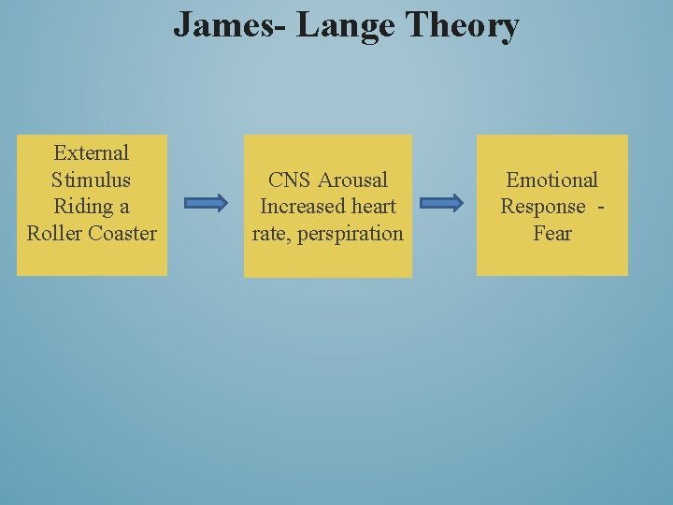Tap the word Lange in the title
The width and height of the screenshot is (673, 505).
pos(347,25)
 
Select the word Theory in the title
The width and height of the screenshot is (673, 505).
pos(463,26)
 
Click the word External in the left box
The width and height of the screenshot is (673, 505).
pos(92,152)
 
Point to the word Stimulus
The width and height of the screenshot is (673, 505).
pos(92,180)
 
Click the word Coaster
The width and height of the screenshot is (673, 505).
pos(122,233)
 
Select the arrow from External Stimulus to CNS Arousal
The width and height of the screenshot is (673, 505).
pos(206,203)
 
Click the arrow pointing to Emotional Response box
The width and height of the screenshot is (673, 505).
pos(441,203)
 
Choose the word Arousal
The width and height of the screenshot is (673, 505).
pos(352,180)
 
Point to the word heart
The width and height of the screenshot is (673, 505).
pos(373,206)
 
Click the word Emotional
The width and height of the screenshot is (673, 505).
pos(551,180)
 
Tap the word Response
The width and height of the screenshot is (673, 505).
pos(543,207)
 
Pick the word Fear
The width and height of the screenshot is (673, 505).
pos(551,233)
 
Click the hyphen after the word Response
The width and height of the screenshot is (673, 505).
pos(599,207)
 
